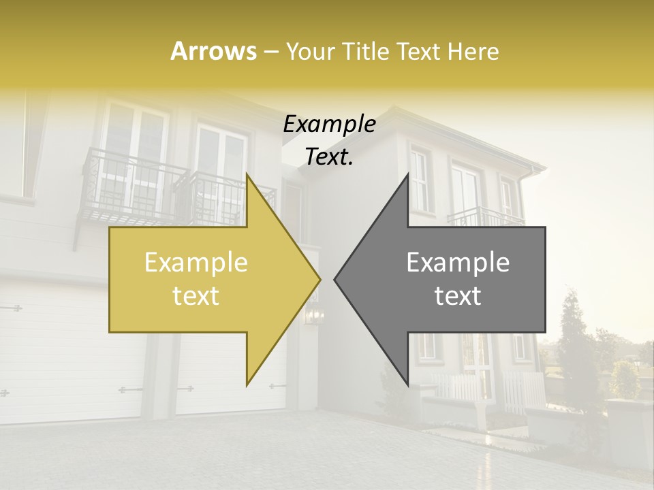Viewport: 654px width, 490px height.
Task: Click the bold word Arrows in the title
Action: point(213,51)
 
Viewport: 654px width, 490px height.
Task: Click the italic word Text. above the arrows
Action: point(329,157)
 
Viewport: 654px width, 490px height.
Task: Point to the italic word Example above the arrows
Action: point(329,125)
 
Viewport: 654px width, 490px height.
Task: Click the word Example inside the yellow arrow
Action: point(196,262)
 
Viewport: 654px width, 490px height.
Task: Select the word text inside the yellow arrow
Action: point(196,295)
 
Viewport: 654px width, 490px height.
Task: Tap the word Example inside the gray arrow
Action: point(458,262)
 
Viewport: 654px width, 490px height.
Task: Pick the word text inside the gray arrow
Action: point(458,295)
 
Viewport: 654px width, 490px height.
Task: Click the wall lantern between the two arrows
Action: point(313,314)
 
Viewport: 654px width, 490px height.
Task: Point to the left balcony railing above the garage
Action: point(129,184)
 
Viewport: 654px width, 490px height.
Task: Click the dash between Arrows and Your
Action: point(270,51)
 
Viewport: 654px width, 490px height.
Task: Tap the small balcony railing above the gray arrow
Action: point(485,216)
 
